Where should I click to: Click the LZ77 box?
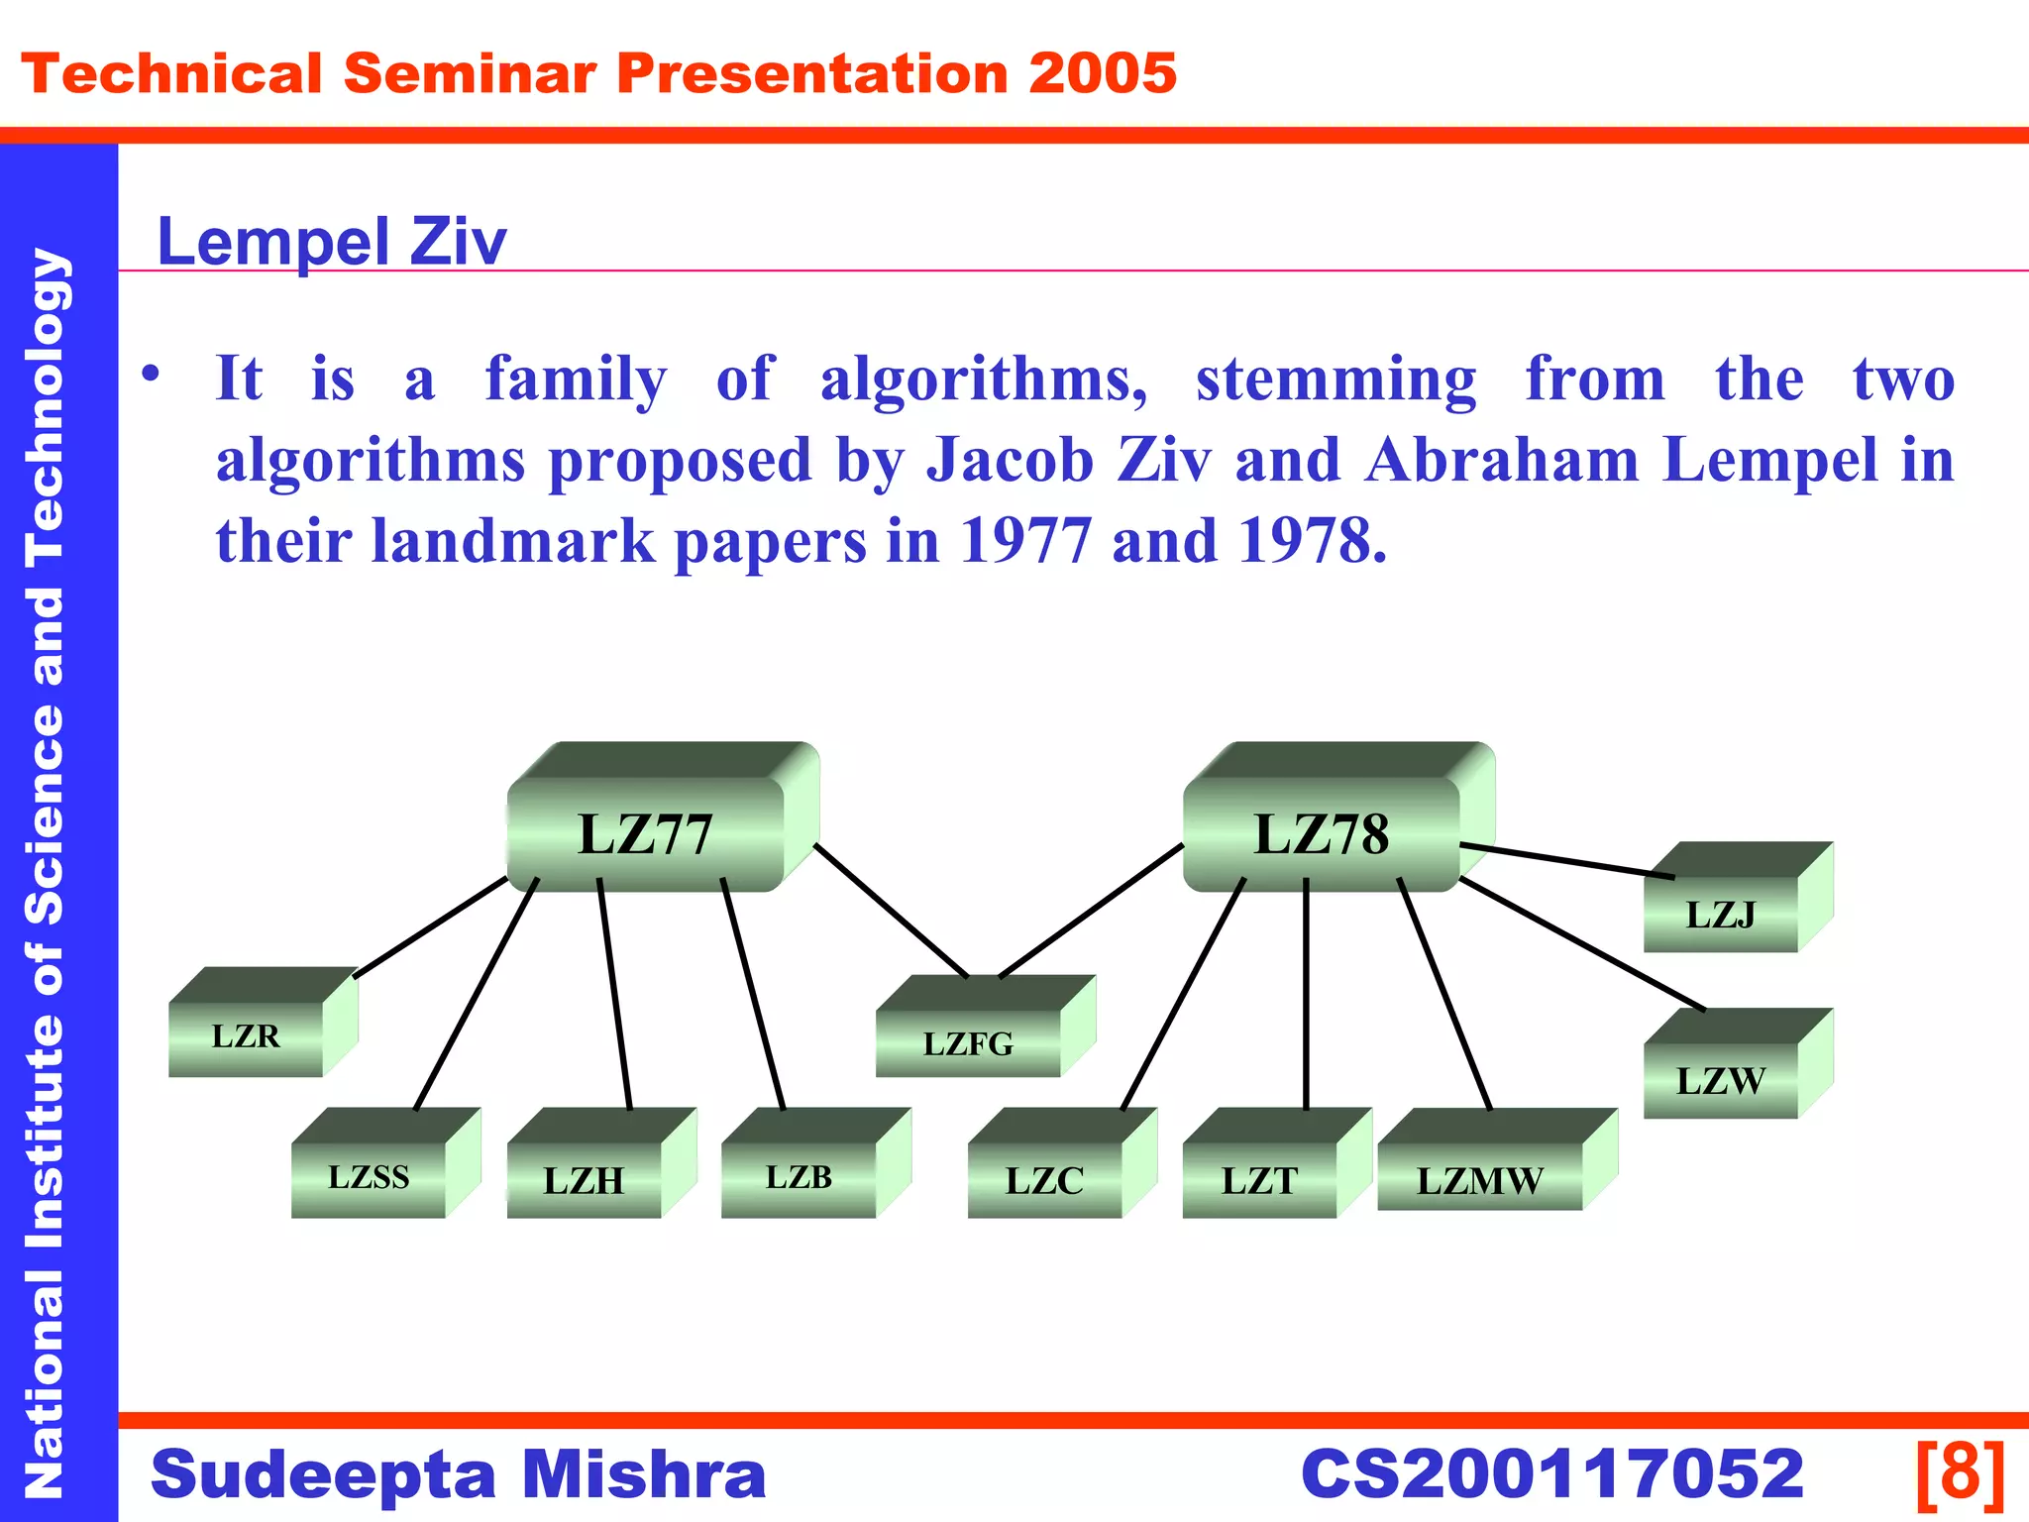(646, 832)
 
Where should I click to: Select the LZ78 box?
(1322, 832)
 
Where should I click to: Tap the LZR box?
(247, 1036)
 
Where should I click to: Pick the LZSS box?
(369, 1177)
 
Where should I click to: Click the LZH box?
(585, 1179)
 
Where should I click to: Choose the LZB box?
(799, 1177)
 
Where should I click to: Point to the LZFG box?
(969, 1042)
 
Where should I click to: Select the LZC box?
(1045, 1179)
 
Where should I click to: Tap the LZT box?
(1260, 1179)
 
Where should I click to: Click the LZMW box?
(1480, 1179)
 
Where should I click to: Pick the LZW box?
(1721, 1080)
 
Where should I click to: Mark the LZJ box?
(1721, 914)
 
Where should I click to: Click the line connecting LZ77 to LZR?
(430, 927)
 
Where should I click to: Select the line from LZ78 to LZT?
(1306, 991)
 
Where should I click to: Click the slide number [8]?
(1960, 1473)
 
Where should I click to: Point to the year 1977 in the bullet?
(1024, 541)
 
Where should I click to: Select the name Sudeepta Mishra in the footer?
(458, 1473)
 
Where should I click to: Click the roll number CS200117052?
(1551, 1473)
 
